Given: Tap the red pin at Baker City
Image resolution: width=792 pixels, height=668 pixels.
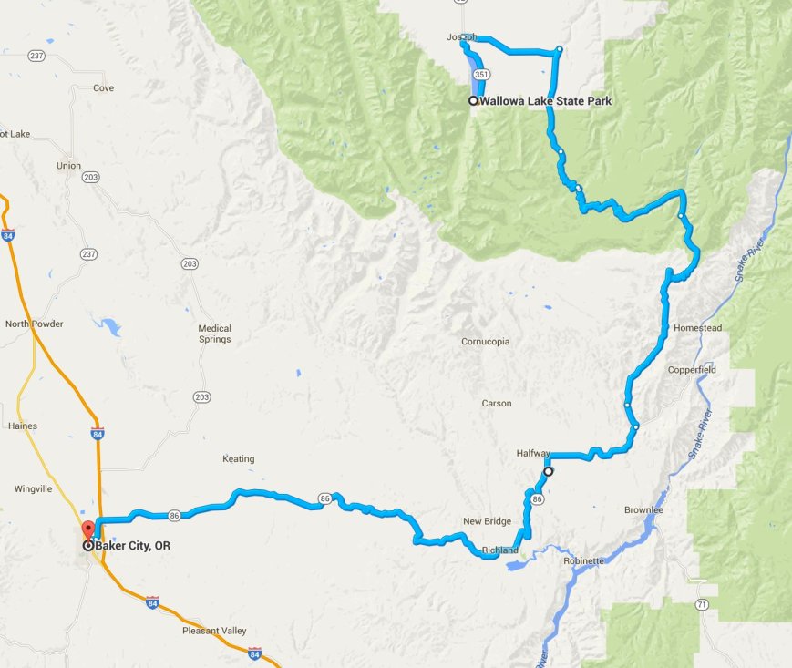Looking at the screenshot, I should pos(87,530).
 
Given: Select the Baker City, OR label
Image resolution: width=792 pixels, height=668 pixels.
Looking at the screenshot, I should pos(133,546).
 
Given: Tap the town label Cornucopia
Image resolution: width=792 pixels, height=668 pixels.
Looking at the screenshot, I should pos(485,342).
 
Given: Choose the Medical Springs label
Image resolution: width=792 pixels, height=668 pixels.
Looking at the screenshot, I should pos(214,334).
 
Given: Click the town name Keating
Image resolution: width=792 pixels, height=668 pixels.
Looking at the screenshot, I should pos(238,458).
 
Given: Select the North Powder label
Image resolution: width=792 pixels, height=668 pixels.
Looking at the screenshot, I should pos(34,324).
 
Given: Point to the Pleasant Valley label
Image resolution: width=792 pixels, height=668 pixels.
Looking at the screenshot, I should pos(214,631).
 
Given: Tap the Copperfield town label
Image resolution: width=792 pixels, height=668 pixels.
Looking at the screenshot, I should pos(692,370).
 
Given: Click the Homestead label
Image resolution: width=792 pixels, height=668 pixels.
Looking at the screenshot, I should pos(697,328).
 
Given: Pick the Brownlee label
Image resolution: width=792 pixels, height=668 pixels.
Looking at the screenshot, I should pos(645,510).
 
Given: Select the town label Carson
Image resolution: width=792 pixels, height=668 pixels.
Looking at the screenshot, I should pos(497,403).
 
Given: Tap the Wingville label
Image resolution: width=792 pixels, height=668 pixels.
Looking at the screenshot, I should pos(36,489).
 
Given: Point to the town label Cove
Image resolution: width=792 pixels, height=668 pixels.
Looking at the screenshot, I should pos(103,88).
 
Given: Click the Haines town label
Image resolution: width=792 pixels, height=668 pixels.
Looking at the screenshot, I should pos(21,426).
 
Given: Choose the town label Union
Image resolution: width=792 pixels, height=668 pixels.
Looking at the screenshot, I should pos(68,166).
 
